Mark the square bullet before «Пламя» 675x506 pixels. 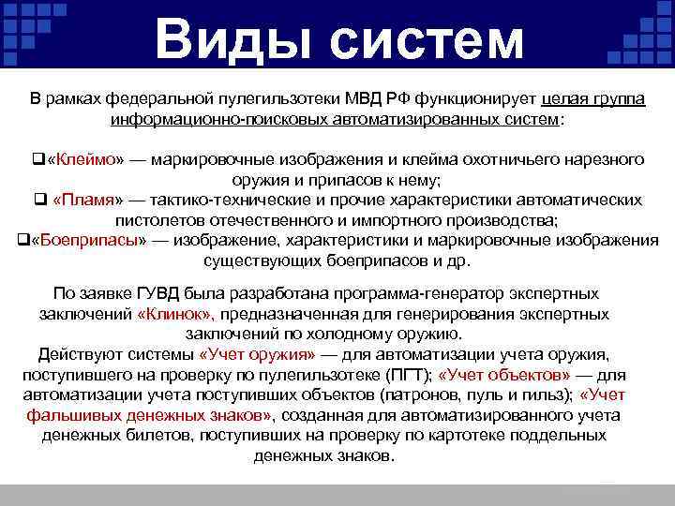40,201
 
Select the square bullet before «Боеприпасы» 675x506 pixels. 22,240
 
